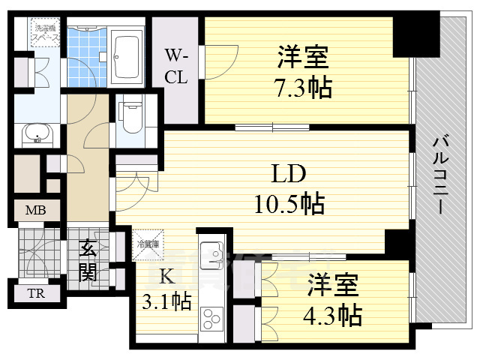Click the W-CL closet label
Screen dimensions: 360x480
176,66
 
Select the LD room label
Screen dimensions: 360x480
287,175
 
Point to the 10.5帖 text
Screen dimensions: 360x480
287,202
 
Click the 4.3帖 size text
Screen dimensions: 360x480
334,313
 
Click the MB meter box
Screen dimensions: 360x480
35,211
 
